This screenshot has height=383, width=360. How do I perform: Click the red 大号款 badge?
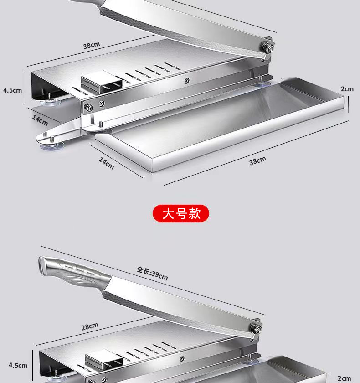coord(181,213)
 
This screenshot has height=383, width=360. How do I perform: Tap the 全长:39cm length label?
coord(152,273)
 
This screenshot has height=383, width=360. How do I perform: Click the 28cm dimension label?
coord(90,326)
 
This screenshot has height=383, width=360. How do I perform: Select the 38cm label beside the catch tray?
coord(257,160)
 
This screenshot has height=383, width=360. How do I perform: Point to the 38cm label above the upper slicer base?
coord(92,45)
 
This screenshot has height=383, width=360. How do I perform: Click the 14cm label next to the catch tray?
coord(107,163)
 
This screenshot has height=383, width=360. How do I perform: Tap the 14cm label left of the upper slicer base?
coord(40,120)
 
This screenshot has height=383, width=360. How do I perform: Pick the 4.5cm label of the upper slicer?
coord(12,90)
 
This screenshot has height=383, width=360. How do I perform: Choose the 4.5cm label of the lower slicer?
coord(18,365)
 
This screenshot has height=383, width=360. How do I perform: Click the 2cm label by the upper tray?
coord(347,89)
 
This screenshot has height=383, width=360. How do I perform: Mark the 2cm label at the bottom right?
coord(344,378)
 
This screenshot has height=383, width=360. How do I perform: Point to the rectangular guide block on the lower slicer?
coord(104,360)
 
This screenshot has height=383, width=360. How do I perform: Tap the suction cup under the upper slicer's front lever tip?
coord(52,146)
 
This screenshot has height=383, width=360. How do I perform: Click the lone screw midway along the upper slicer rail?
coord(187,80)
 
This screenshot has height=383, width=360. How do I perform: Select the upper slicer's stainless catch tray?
coord(220,124)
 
